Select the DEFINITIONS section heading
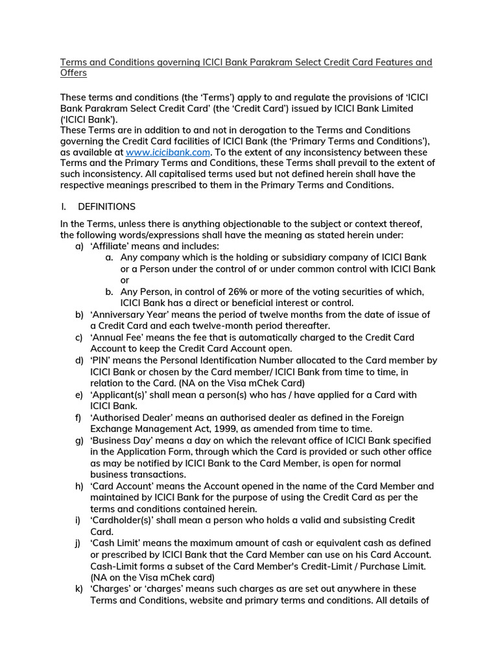pyautogui.click(x=106, y=207)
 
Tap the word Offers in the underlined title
pyautogui.click(x=73, y=74)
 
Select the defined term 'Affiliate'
pyautogui.click(x=112, y=246)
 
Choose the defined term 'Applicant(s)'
pyautogui.click(x=123, y=395)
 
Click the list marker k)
pyautogui.click(x=79, y=589)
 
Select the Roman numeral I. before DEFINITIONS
pyautogui.click(x=63, y=207)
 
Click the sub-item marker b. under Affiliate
pyautogui.click(x=110, y=292)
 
